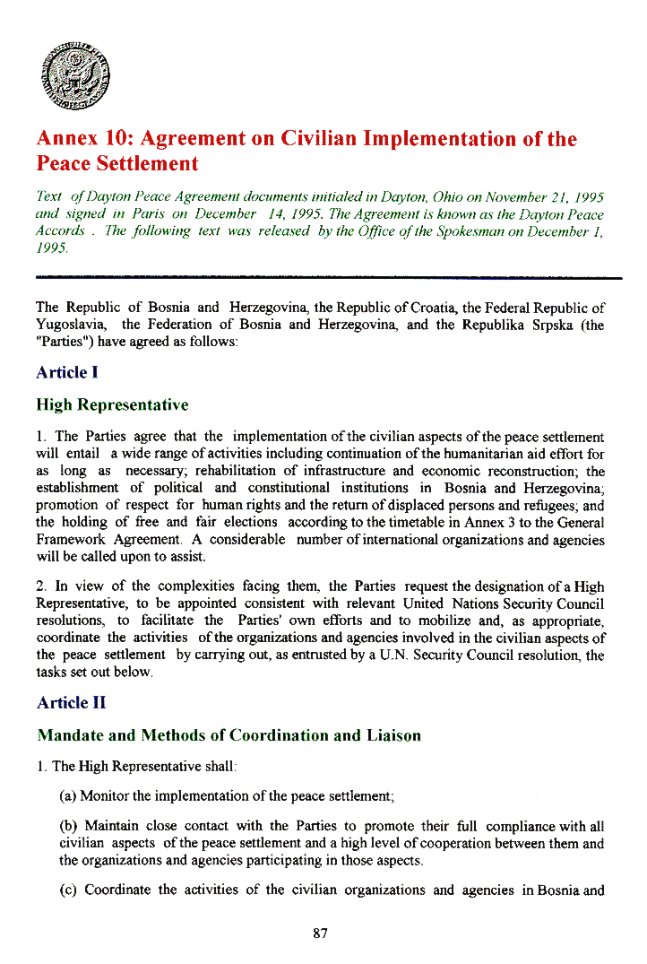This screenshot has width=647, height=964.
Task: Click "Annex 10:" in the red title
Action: pyautogui.click(x=83, y=139)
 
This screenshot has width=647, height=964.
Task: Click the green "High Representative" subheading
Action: pyautogui.click(x=112, y=405)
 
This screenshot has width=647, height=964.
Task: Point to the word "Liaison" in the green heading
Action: pyautogui.click(x=391, y=736)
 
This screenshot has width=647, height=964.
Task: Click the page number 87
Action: pyautogui.click(x=321, y=934)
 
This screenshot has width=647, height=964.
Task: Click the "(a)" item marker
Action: pyautogui.click(x=68, y=795)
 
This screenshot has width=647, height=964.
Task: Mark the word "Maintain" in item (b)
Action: pyautogui.click(x=111, y=826)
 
